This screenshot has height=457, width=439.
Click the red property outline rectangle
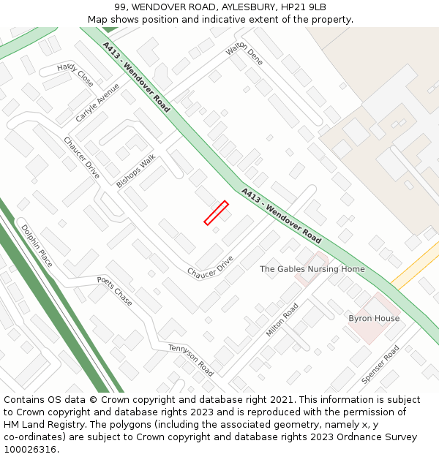(216, 213)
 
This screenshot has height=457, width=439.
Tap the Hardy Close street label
(75, 75)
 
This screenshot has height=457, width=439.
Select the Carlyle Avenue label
(97, 103)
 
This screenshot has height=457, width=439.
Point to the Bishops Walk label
(136, 171)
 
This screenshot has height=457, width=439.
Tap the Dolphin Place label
(37, 246)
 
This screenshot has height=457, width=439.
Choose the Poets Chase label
(115, 290)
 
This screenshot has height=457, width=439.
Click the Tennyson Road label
(191, 360)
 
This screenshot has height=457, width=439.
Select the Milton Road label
(282, 320)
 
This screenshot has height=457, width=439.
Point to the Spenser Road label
(380, 365)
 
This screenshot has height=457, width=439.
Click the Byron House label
(374, 319)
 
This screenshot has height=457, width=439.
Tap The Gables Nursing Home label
(312, 269)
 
